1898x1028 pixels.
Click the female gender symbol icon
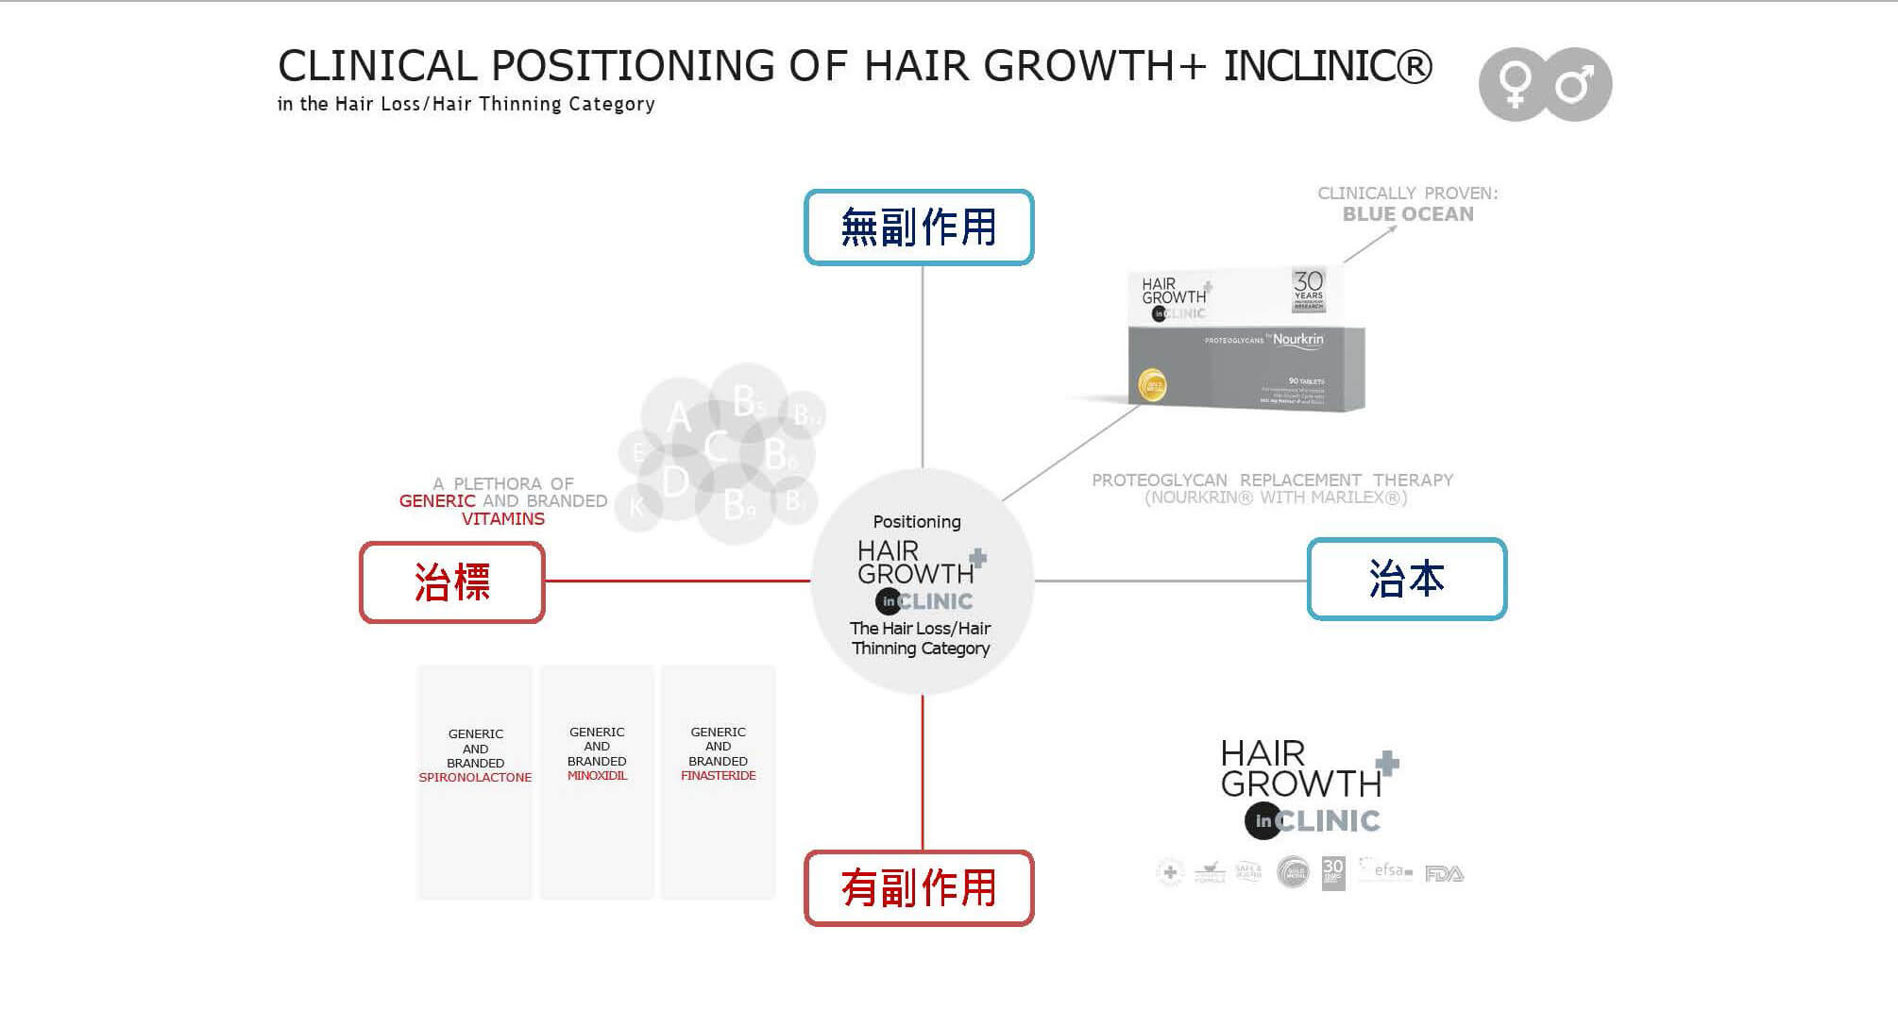(1515, 84)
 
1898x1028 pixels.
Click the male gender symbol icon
(1575, 84)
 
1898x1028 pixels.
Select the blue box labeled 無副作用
(919, 228)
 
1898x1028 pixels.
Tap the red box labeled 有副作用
(919, 888)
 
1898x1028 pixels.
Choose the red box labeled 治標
(452, 582)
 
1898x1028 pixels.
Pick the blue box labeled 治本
(1406, 579)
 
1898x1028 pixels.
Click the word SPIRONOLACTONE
(475, 778)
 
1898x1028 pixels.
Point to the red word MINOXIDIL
(597, 776)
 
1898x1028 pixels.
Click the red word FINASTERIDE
(718, 776)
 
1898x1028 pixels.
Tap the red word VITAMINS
(503, 519)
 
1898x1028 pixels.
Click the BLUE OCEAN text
(1408, 214)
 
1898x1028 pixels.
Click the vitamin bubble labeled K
(637, 507)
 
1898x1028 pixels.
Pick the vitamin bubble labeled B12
(805, 414)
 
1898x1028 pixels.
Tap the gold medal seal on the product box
(1153, 385)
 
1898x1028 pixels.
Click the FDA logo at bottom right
(1444, 874)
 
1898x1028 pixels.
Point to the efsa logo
(1387, 870)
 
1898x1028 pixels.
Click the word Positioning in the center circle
(917, 522)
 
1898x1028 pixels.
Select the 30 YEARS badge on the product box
(1308, 289)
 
